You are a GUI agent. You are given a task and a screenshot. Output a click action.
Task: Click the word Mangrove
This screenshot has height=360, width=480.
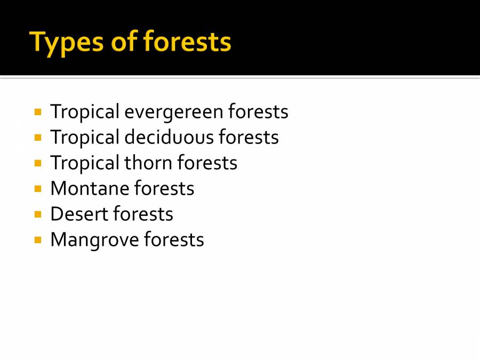click(94, 240)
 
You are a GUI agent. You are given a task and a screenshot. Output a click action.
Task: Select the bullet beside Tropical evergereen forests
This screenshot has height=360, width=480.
click(38, 112)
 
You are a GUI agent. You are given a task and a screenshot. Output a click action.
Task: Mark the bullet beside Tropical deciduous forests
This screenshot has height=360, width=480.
click(38, 138)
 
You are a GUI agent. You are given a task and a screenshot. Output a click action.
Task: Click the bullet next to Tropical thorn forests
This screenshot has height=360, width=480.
click(38, 163)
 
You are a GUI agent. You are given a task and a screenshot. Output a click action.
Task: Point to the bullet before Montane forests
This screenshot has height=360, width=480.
click(38, 189)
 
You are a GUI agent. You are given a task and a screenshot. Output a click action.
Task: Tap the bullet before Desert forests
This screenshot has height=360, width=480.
click(38, 214)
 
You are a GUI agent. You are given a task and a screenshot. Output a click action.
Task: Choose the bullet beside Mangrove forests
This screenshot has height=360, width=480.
click(38, 240)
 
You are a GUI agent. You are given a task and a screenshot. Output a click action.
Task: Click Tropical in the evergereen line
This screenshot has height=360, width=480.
click(85, 112)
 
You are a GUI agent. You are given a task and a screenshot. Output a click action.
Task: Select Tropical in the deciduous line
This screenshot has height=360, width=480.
click(85, 138)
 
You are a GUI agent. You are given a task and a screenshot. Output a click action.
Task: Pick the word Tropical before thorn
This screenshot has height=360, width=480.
click(85, 163)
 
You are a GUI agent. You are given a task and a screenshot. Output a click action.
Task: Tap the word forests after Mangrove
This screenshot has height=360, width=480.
click(174, 239)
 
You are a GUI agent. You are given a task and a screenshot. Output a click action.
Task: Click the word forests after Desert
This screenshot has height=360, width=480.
click(143, 214)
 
